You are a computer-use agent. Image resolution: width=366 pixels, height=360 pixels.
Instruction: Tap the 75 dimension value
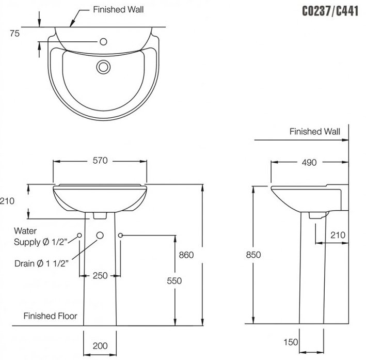point(14,34)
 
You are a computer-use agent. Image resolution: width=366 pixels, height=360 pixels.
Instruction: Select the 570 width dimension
point(100,161)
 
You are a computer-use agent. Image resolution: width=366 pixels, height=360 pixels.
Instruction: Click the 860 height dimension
point(186,255)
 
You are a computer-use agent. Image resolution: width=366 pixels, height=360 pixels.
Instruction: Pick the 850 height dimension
point(253,255)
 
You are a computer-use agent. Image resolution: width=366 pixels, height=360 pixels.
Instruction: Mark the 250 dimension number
point(100,275)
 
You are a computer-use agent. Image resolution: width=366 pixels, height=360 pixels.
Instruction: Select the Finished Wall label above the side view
point(314,132)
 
